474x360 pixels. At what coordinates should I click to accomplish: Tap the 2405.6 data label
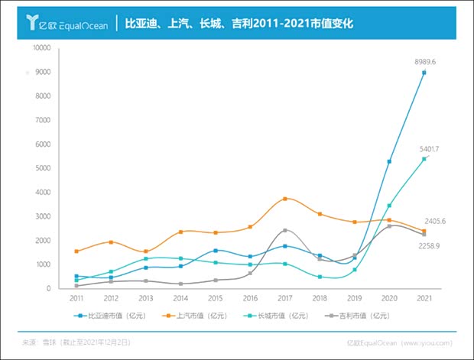pos(434,221)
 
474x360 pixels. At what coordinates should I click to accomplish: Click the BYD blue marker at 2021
pos(424,73)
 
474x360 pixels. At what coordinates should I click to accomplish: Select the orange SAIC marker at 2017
pos(284,199)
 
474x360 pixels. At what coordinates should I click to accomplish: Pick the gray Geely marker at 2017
pos(284,230)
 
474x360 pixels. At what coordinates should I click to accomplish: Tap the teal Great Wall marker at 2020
pos(389,206)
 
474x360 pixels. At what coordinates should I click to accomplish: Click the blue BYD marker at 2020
pos(389,161)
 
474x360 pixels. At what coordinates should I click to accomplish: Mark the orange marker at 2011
pos(76,251)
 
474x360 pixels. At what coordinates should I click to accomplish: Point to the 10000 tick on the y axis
pos(41,48)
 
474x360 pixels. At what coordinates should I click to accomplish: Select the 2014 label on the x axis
pos(180,298)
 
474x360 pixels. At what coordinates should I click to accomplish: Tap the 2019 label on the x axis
pos(355,298)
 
